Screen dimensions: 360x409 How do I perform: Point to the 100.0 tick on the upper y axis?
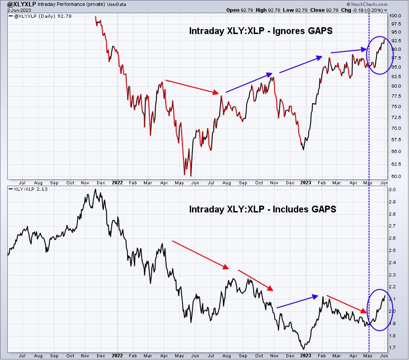[x=396, y=15]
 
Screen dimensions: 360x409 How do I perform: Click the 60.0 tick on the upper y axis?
[x=396, y=177]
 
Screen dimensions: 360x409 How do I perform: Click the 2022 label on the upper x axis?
[x=117, y=182]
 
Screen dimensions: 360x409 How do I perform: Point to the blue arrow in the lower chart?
[x=297, y=302]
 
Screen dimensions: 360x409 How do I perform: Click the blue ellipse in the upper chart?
[x=378, y=55]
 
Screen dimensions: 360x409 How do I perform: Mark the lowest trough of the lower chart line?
[x=303, y=348]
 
